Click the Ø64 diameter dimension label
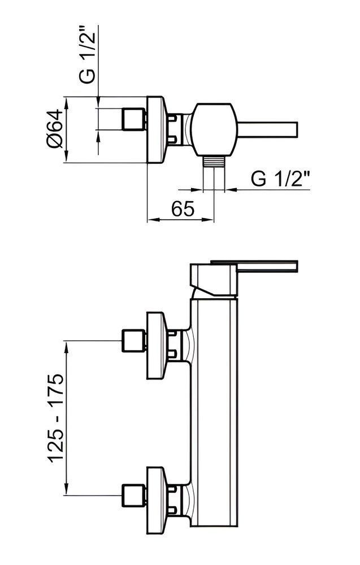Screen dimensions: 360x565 [x=55, y=129]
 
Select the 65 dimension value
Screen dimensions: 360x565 [x=183, y=208]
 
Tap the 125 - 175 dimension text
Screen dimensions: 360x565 [x=56, y=418]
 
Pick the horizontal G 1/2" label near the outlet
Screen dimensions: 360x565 [x=280, y=179]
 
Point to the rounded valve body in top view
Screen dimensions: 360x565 [x=214, y=130]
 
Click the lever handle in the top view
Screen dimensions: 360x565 [x=267, y=130]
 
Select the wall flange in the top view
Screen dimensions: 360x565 [x=157, y=130]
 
